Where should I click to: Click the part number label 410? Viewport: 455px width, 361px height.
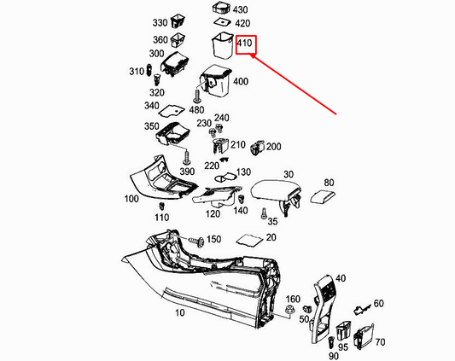coord(246,44)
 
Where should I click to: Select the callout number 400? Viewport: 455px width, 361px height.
coord(240,81)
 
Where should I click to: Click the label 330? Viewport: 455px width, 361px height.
coord(160,22)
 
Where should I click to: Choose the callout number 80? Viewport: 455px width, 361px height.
coord(329,182)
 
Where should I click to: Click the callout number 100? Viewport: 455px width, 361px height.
coord(131,198)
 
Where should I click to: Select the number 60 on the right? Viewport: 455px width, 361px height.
coord(378,303)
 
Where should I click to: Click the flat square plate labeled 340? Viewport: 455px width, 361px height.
coord(173,110)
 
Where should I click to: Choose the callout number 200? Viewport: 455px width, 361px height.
coord(273,147)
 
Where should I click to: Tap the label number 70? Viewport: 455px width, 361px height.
coord(379,341)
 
